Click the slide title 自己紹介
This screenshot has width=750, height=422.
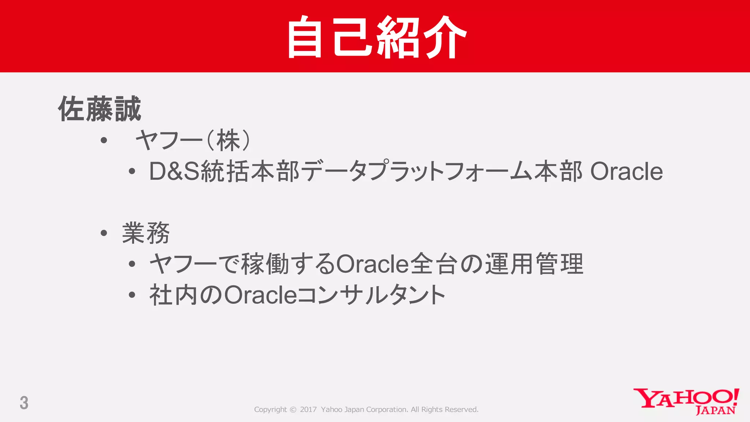(x=376, y=37)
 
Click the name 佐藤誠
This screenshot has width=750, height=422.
(x=100, y=109)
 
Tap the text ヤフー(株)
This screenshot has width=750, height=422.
(x=193, y=140)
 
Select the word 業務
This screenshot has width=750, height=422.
(x=146, y=233)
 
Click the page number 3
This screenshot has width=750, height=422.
(x=24, y=403)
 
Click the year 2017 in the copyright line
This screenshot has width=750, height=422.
(x=308, y=410)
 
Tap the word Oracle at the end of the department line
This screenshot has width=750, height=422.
(x=626, y=171)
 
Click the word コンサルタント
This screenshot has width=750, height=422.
(x=371, y=295)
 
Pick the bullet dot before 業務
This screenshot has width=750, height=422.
(x=104, y=233)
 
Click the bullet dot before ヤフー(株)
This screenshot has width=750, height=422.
(x=104, y=140)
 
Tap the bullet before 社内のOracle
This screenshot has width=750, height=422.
(x=132, y=295)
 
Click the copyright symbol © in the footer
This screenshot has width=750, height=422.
(x=293, y=410)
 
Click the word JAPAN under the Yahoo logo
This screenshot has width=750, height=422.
(x=715, y=410)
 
